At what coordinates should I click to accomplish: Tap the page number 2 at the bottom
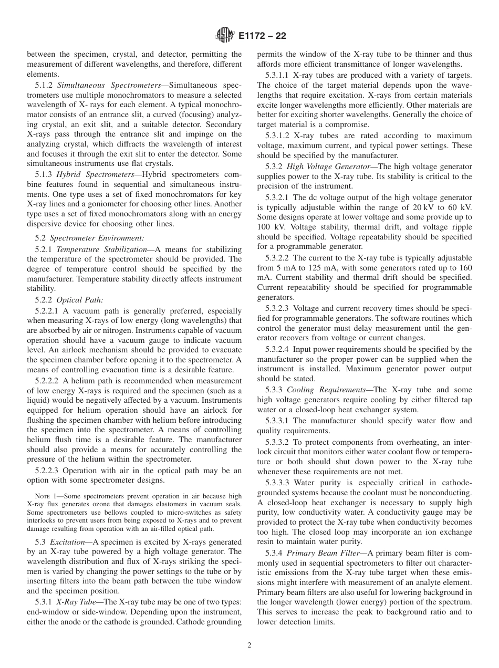pos(250,645)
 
